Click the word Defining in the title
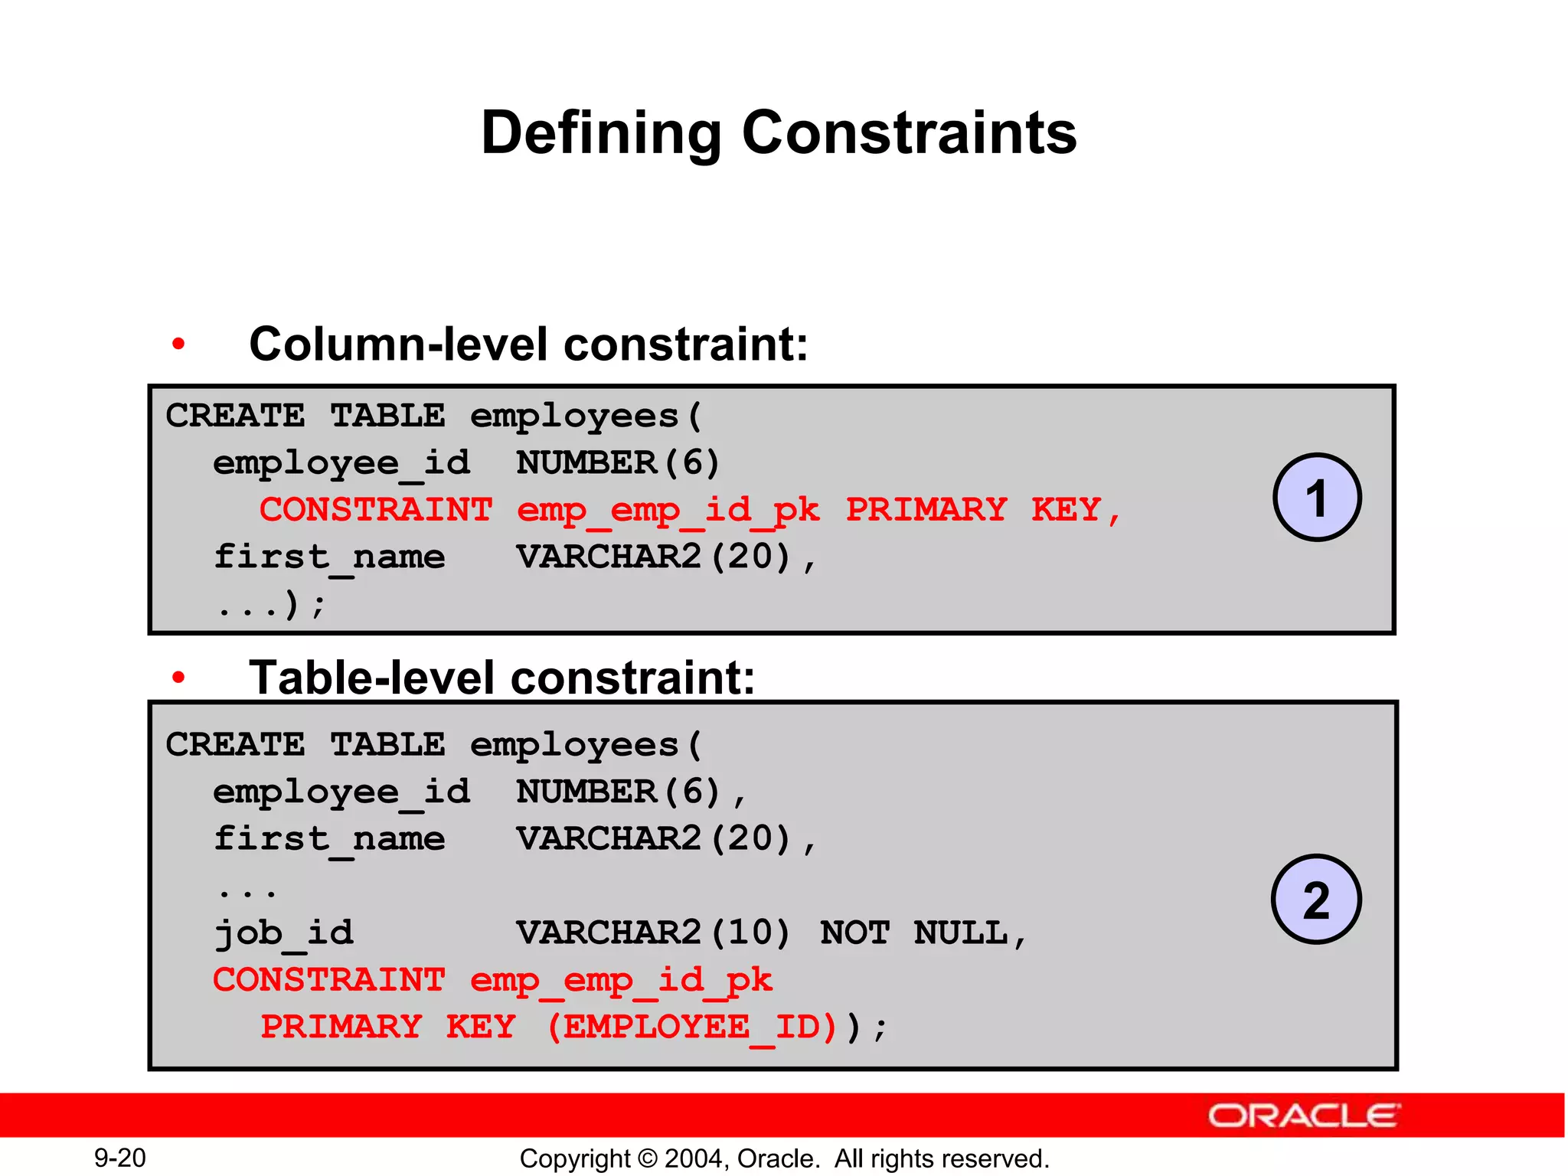tap(601, 134)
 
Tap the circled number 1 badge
tap(1316, 498)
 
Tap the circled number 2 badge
tap(1316, 900)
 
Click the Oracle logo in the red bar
tap(1303, 1116)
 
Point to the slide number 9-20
tap(119, 1158)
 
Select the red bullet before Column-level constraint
tap(178, 345)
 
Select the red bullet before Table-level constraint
tap(178, 678)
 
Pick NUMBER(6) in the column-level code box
tap(618, 463)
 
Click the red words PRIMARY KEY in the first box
tap(973, 510)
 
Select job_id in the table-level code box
tap(283, 933)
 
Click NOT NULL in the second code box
tap(914, 933)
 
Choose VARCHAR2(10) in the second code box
tap(653, 933)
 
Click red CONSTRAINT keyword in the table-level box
tap(329, 980)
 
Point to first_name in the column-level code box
tap(329, 557)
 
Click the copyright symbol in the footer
tap(648, 1158)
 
